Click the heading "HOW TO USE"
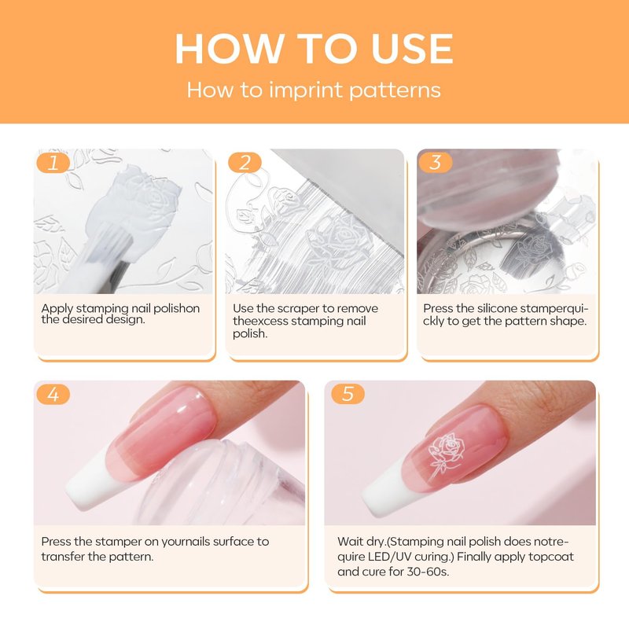(x=314, y=49)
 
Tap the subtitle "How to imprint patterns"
(x=314, y=90)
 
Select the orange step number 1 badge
(x=53, y=163)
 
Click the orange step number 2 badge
(x=245, y=163)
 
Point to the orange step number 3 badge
(x=436, y=163)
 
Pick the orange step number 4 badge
(x=53, y=395)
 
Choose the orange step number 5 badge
(x=348, y=394)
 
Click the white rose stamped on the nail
(x=446, y=454)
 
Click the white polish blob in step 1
(x=132, y=212)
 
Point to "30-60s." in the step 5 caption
(x=428, y=572)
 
